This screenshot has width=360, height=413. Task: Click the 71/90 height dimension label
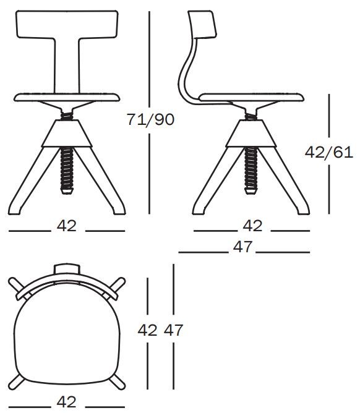pyautogui.click(x=150, y=119)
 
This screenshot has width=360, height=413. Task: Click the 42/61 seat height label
pyautogui.click(x=328, y=151)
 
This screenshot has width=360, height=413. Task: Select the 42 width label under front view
pyautogui.click(x=67, y=226)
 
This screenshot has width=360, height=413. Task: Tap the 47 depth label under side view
pyautogui.click(x=243, y=247)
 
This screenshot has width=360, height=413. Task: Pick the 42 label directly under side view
pyautogui.click(x=252, y=226)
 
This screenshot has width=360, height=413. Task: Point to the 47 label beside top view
pyautogui.click(x=174, y=330)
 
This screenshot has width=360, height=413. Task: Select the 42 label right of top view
pyautogui.click(x=147, y=330)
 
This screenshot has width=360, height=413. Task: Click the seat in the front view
pyautogui.click(x=67, y=97)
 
